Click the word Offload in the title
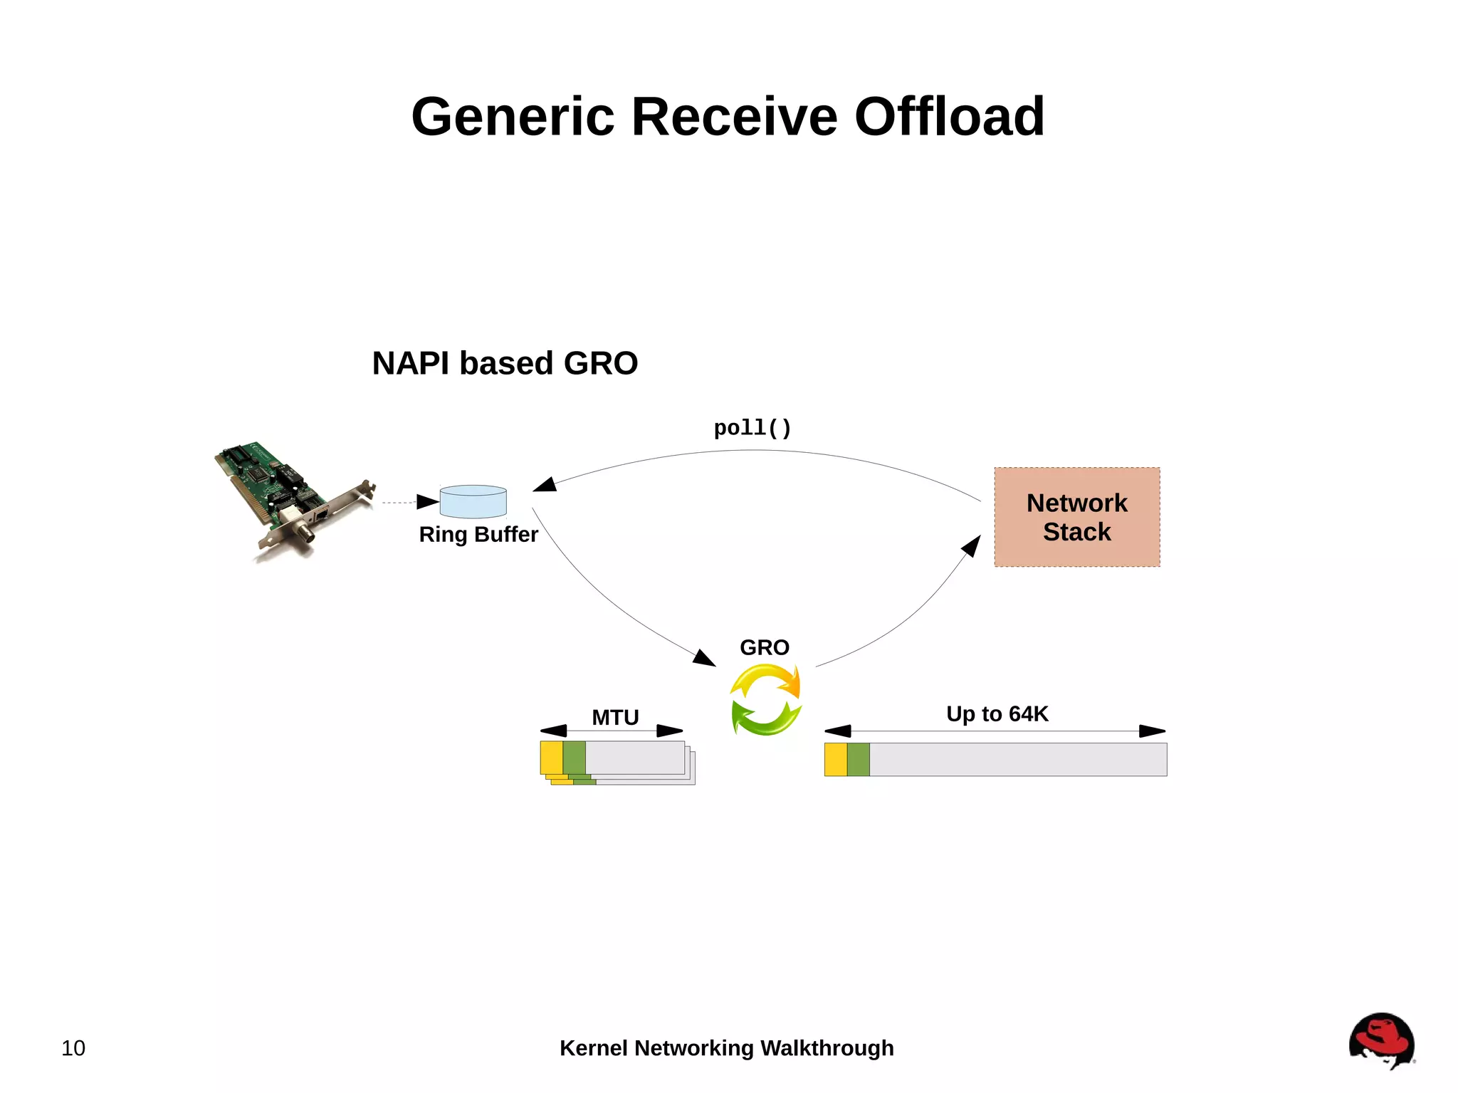coord(949,117)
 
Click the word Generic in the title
coord(513,117)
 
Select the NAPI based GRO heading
coord(505,363)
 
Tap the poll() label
coord(752,428)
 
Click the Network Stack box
coord(1076,517)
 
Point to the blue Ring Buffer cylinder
coord(473,502)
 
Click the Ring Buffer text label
coord(478,534)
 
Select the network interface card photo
coord(292,498)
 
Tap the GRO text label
coord(764,647)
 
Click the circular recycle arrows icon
coord(766,699)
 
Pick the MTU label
coord(615,717)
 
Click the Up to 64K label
coord(997,713)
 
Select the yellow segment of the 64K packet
coord(836,759)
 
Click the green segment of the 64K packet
coord(858,759)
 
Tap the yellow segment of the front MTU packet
coord(551,758)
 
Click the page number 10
coord(73,1048)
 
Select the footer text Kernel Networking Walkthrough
coord(726,1048)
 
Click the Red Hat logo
coord(1381,1040)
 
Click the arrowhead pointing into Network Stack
coord(972,545)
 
